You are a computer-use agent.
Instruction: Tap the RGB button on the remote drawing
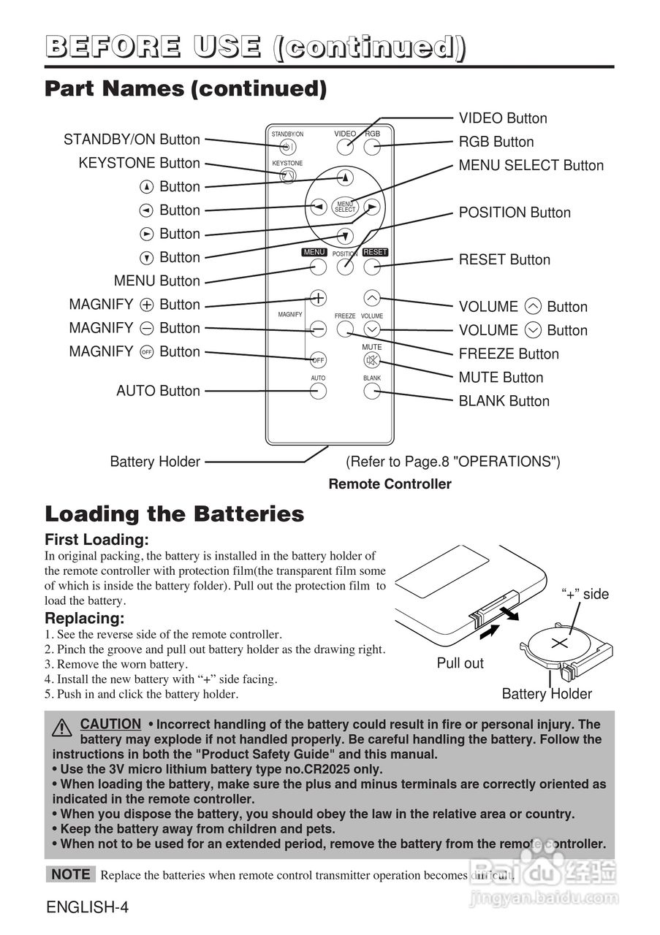click(x=372, y=147)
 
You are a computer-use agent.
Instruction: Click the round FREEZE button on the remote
click(x=345, y=329)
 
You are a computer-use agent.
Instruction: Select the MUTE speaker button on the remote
click(x=372, y=359)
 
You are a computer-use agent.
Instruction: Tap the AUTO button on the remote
click(x=318, y=391)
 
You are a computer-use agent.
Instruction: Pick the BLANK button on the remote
click(x=372, y=391)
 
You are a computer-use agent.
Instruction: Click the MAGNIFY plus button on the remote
click(x=318, y=298)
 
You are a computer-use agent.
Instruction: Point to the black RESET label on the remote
click(x=375, y=252)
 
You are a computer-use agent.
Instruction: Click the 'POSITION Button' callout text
click(x=515, y=213)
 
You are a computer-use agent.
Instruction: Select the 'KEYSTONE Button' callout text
click(x=139, y=163)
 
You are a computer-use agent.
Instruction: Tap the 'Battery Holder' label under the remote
click(x=155, y=462)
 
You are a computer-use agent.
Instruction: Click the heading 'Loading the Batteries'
click(x=175, y=514)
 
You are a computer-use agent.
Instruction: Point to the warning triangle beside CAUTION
click(x=62, y=728)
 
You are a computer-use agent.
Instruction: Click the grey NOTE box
click(x=71, y=874)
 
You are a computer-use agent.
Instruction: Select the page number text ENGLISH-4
click(x=88, y=908)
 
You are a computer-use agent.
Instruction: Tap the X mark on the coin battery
click(x=559, y=644)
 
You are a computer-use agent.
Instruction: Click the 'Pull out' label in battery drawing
click(x=460, y=663)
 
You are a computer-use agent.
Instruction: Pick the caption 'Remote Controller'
click(x=390, y=484)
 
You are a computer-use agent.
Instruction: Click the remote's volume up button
click(x=372, y=298)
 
